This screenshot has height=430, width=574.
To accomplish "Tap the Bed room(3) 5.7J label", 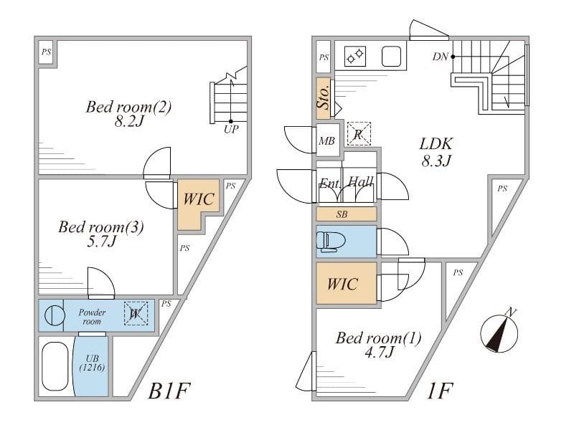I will (x=100, y=234).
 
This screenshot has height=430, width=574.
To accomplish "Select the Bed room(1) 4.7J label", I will (x=378, y=345).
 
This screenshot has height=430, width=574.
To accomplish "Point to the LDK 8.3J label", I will (x=436, y=151).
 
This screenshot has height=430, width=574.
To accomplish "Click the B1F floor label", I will (x=169, y=392).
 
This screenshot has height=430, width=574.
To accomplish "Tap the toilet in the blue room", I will (x=331, y=241).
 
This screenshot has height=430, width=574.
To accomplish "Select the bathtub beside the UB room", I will (x=55, y=366).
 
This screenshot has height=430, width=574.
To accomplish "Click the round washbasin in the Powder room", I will (x=54, y=316).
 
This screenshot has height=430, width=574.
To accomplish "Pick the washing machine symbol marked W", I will (x=135, y=312).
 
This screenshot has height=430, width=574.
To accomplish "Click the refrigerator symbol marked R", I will (x=358, y=133).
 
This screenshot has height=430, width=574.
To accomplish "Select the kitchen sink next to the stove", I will (x=391, y=56).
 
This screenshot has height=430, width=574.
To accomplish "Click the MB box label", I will (x=326, y=140).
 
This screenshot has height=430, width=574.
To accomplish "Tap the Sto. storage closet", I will (x=324, y=97).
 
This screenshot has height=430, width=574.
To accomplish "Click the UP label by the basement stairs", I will (x=230, y=130).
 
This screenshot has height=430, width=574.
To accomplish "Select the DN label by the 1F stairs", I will (x=441, y=57).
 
